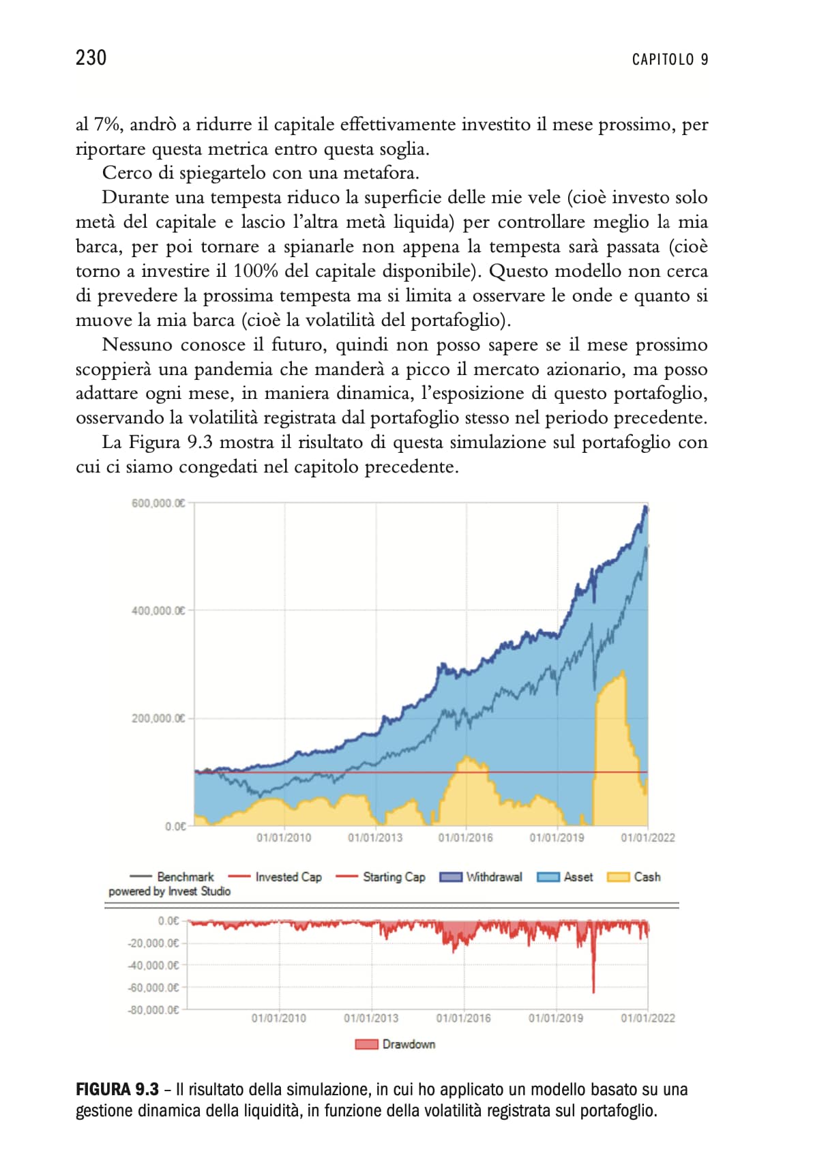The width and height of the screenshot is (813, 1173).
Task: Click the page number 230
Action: pyautogui.click(x=91, y=58)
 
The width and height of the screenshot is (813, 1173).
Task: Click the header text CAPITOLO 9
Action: pyautogui.click(x=670, y=59)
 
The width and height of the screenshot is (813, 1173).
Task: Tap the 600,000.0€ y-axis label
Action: pyautogui.click(x=158, y=503)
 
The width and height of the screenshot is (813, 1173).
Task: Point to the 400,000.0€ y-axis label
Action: pyautogui.click(x=158, y=610)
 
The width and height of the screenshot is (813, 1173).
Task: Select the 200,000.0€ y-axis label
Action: pyautogui.click(x=158, y=718)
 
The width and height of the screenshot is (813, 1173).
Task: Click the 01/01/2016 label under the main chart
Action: pyautogui.click(x=465, y=837)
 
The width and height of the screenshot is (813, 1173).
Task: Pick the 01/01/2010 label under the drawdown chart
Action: pyautogui.click(x=278, y=1018)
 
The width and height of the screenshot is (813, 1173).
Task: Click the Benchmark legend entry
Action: pyautogui.click(x=171, y=877)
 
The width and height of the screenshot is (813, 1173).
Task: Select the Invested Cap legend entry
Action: pyautogui.click(x=275, y=877)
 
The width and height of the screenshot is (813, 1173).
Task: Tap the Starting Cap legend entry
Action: pyautogui.click(x=381, y=877)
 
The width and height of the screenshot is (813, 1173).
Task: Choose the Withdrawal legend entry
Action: pyautogui.click(x=481, y=877)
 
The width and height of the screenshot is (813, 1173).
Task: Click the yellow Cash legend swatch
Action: pyautogui.click(x=618, y=877)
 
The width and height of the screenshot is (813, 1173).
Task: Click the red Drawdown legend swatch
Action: pyautogui.click(x=366, y=1044)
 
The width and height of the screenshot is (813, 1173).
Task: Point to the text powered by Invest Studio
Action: pyautogui.click(x=169, y=891)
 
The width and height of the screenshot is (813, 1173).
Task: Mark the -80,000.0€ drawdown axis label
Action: pyautogui.click(x=153, y=1009)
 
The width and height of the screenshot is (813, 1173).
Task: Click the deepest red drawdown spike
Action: pyautogui.click(x=593, y=991)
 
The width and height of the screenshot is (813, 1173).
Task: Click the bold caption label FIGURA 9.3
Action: pyautogui.click(x=117, y=1089)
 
